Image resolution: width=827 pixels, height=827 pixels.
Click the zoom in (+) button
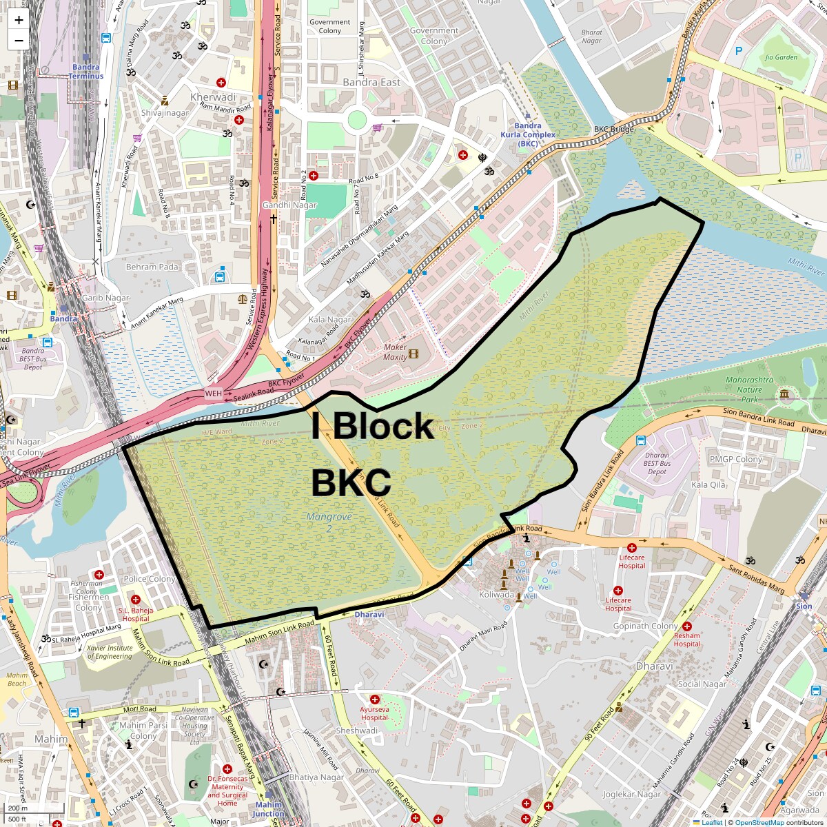click(19, 20)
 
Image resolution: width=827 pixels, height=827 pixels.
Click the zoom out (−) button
click(19, 41)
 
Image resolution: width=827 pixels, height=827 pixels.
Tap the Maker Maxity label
click(395, 352)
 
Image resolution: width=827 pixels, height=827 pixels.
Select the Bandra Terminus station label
click(86, 72)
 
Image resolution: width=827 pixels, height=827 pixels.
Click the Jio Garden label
click(781, 57)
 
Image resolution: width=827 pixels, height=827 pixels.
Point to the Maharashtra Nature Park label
click(749, 389)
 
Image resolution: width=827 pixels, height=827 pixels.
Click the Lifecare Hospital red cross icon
click(631, 547)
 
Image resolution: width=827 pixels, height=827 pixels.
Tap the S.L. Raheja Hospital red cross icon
click(136, 600)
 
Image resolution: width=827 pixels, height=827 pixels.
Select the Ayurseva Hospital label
click(374, 713)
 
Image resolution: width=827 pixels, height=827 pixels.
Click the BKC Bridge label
click(614, 130)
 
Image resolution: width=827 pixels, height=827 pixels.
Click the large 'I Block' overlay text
click(372, 426)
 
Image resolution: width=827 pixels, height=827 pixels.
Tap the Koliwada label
click(496, 595)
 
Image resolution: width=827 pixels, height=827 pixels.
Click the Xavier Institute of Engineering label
click(110, 652)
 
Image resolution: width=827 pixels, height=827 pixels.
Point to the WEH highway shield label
click(214, 394)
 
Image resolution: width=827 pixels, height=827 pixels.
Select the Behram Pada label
click(152, 267)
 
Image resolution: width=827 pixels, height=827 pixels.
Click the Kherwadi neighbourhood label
click(213, 97)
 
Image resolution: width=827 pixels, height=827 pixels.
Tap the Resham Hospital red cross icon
click(687, 626)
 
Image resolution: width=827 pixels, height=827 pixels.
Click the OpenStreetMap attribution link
click(759, 822)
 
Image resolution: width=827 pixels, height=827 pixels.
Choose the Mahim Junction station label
click(268, 809)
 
